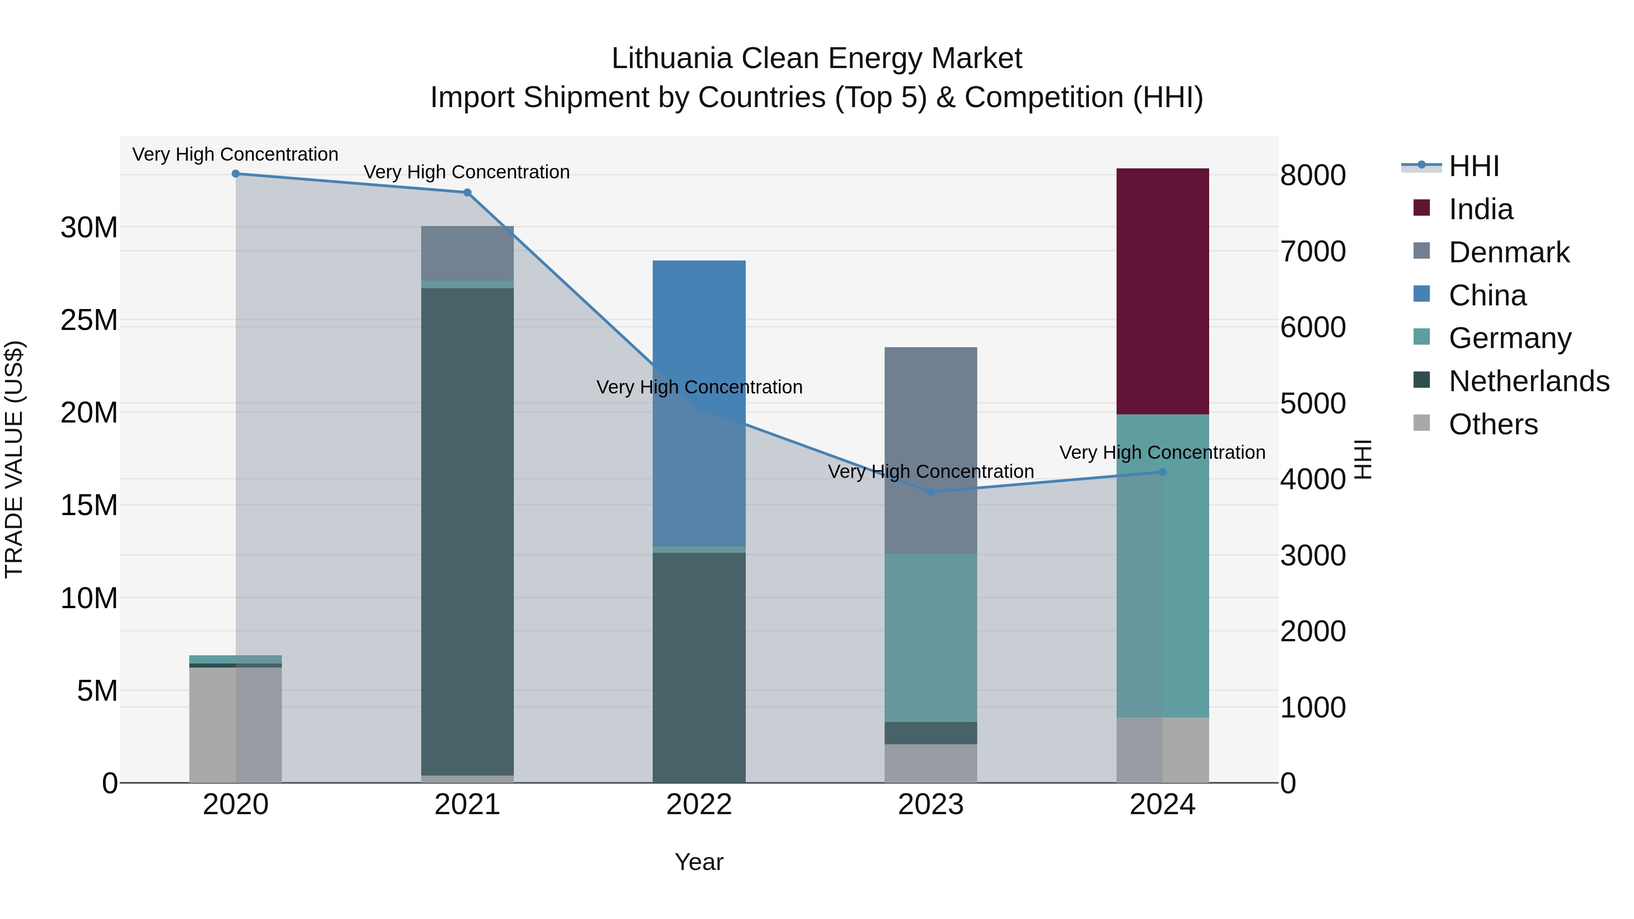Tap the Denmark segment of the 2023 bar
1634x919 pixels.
[930, 450]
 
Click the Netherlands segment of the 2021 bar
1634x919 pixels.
[467, 531]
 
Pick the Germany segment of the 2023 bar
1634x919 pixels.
[930, 638]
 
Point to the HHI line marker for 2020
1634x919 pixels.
[235, 174]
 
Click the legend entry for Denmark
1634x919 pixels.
[1508, 252]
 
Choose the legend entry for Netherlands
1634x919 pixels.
[1529, 381]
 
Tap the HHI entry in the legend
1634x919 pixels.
[1473, 166]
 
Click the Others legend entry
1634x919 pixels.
[1492, 424]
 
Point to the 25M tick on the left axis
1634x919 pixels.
[89, 320]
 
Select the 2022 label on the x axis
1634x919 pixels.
[699, 805]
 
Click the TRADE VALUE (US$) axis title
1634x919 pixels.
[14, 459]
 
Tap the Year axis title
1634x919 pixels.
[699, 862]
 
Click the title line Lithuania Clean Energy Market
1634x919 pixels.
[817, 59]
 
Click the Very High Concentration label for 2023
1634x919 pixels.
[930, 472]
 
